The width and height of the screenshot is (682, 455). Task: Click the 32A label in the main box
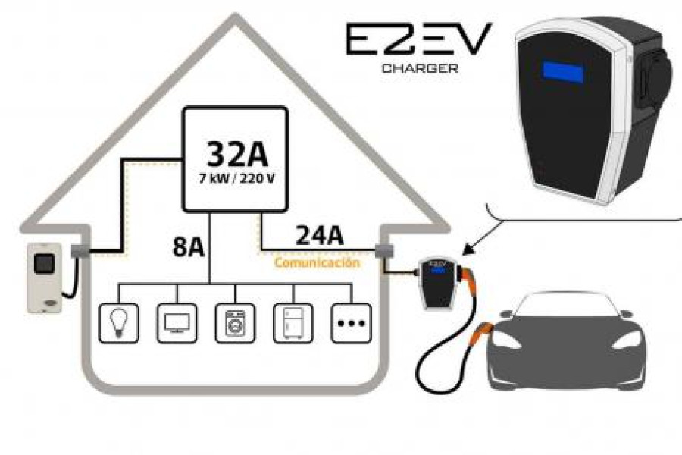click(236, 155)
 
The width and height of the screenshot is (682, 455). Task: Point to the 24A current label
click(319, 237)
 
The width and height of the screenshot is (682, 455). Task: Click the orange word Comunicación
click(317, 263)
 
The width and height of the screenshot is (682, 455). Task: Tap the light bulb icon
click(119, 323)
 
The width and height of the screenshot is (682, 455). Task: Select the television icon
click(177, 323)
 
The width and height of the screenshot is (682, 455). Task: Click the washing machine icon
click(235, 323)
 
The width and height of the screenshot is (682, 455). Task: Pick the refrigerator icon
click(293, 323)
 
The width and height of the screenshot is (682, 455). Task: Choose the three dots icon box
click(351, 323)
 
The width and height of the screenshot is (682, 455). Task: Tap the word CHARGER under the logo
click(419, 67)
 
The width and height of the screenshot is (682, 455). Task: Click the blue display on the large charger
click(562, 73)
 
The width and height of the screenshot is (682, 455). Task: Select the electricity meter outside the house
click(44, 278)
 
